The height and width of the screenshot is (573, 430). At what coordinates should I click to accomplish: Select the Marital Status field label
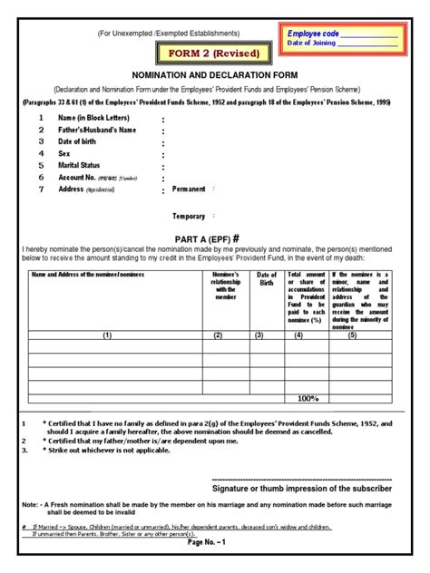click(x=80, y=166)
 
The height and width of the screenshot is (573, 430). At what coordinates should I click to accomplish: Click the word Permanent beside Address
click(x=189, y=189)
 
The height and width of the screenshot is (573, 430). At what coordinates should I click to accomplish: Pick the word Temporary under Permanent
click(x=190, y=217)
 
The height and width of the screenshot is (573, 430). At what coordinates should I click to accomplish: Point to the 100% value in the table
click(x=308, y=398)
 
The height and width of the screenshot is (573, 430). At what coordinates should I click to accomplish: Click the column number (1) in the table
click(x=106, y=335)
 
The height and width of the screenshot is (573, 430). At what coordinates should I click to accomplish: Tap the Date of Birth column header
click(x=266, y=278)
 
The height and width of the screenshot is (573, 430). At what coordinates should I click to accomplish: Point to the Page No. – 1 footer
click(x=215, y=567)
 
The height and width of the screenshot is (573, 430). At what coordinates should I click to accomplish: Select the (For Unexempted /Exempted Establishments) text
click(x=174, y=32)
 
